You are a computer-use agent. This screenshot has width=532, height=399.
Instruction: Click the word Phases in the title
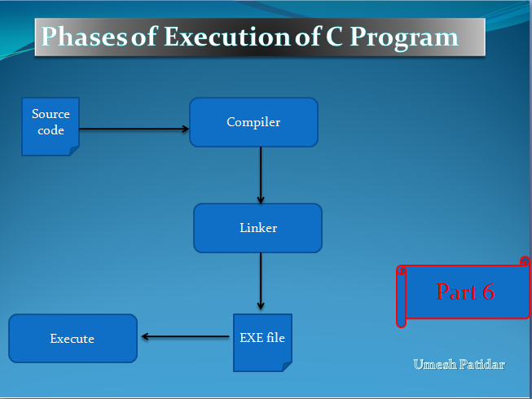click(84, 37)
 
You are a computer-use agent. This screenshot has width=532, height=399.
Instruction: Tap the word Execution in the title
click(227, 37)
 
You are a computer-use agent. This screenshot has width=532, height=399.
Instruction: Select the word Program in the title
click(404, 38)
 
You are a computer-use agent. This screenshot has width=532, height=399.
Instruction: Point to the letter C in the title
click(335, 37)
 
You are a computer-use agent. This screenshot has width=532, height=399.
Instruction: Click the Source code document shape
click(51, 126)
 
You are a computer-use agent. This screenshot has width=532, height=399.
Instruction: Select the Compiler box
click(254, 122)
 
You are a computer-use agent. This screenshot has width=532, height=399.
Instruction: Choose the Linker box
click(258, 228)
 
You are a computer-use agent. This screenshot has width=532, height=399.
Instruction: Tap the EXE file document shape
click(262, 343)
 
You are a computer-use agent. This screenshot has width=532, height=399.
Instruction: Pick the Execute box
click(73, 338)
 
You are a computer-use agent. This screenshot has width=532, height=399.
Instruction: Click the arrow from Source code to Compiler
click(134, 129)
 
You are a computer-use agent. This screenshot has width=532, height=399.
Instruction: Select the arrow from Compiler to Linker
click(261, 175)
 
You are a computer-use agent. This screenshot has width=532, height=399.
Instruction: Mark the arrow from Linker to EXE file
click(261, 281)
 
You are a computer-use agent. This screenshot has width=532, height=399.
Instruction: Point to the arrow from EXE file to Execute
click(185, 336)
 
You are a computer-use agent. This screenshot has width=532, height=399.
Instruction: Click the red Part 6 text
click(465, 292)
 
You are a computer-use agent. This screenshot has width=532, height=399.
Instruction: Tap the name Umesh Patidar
click(459, 365)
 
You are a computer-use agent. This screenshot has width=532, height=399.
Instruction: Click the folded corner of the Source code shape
click(75, 151)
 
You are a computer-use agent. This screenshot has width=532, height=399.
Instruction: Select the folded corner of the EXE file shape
click(288, 366)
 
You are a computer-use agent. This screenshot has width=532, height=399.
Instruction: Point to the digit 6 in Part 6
click(489, 292)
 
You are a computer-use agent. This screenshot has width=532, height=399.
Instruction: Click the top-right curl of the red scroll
click(525, 261)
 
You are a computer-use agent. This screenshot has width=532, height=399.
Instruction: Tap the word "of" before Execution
click(144, 37)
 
